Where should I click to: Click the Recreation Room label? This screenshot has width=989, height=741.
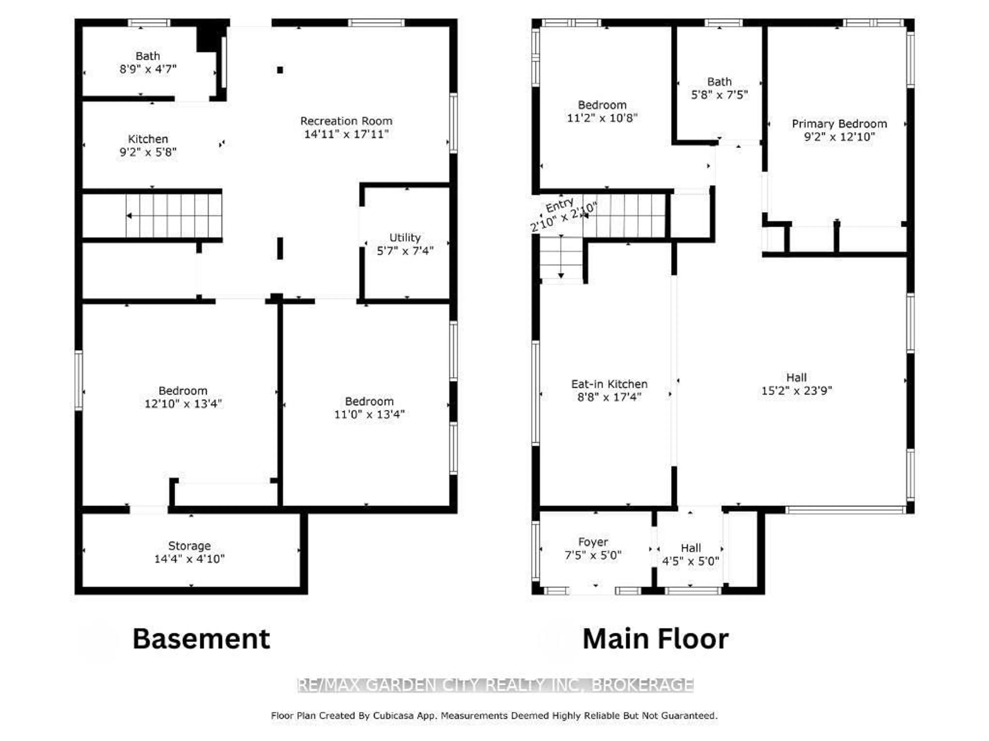coord(346,121)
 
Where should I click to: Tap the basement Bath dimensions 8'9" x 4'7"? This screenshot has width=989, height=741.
coord(148,69)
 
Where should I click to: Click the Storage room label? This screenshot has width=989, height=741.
coord(189,546)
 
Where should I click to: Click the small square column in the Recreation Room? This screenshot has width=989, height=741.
coord(280,70)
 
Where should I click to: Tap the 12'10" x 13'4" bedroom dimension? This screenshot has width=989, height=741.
coord(183,404)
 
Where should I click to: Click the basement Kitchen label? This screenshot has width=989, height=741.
coord(148,139)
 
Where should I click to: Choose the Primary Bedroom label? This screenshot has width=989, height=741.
coord(839,124)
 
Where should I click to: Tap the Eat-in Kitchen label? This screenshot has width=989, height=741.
coord(609,384)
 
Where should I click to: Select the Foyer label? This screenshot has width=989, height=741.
coord(593,542)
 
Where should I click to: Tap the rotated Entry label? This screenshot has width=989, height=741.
coord(559,206)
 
